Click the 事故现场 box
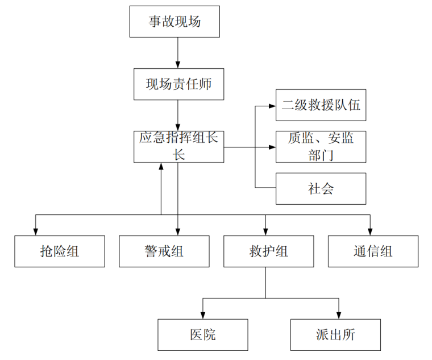[x=175, y=22]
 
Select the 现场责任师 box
[x=178, y=85]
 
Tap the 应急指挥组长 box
[x=178, y=146]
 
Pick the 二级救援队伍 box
[x=321, y=105]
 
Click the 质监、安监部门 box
[x=321, y=147]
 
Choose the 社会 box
[x=321, y=188]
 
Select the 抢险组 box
[x=60, y=251]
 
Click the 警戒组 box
[x=164, y=251]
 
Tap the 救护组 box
[x=268, y=251]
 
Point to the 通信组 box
[x=373, y=251]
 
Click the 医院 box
[x=203, y=334]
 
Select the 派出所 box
[x=335, y=334]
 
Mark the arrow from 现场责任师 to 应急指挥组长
[x=178, y=116]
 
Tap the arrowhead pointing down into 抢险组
[x=36, y=231]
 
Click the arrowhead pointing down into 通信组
[x=370, y=231]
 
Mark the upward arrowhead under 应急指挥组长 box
[x=161, y=167]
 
